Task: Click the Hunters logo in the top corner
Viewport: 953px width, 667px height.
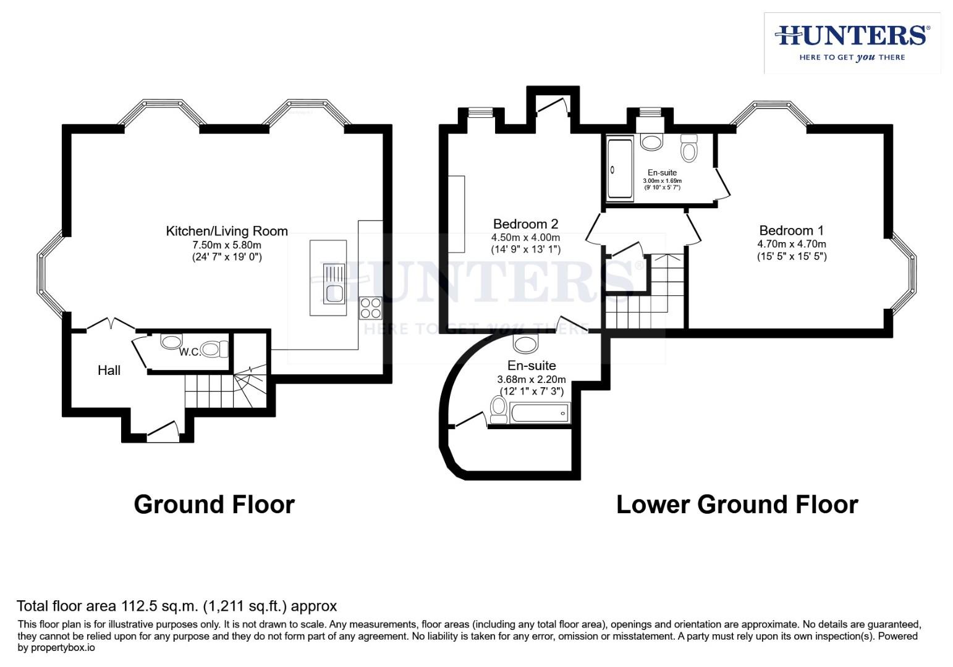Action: click(x=852, y=43)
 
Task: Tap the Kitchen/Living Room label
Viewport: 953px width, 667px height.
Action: click(x=227, y=231)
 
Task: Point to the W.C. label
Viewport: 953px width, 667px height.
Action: click(x=190, y=352)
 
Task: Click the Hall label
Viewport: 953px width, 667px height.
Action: click(x=109, y=370)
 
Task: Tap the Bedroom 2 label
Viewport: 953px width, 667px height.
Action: click(x=525, y=224)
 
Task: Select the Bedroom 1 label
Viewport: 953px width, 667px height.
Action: click(x=791, y=230)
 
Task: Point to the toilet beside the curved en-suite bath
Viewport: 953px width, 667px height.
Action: click(x=498, y=410)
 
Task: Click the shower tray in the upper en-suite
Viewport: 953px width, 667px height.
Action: click(x=620, y=169)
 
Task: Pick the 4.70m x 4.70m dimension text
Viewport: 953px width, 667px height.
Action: click(x=792, y=244)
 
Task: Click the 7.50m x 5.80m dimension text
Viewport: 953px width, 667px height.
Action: click(x=227, y=245)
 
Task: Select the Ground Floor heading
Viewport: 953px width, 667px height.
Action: click(x=214, y=505)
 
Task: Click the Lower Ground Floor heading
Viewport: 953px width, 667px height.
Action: click(x=737, y=505)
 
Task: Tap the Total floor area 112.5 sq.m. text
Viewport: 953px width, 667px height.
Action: click(x=177, y=606)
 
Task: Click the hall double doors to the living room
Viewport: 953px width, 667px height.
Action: click(x=111, y=324)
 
